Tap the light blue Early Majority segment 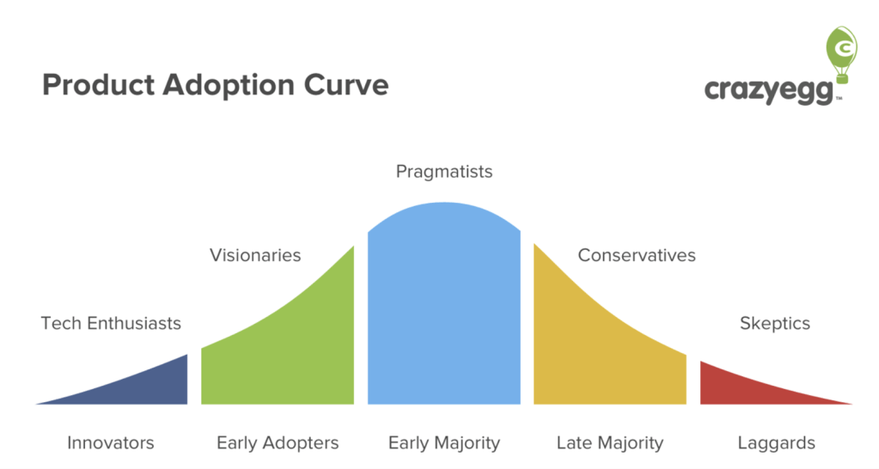pos(443,309)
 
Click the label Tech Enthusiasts pos(111,324)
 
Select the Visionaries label pos(255,255)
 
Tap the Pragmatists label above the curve pos(443,172)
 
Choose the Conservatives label pos(637,255)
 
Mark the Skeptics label pos(774,324)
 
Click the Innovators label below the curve pos(111,443)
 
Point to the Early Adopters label pos(278,443)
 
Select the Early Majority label pos(443,443)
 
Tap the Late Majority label pos(610,443)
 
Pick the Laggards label pos(776,443)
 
